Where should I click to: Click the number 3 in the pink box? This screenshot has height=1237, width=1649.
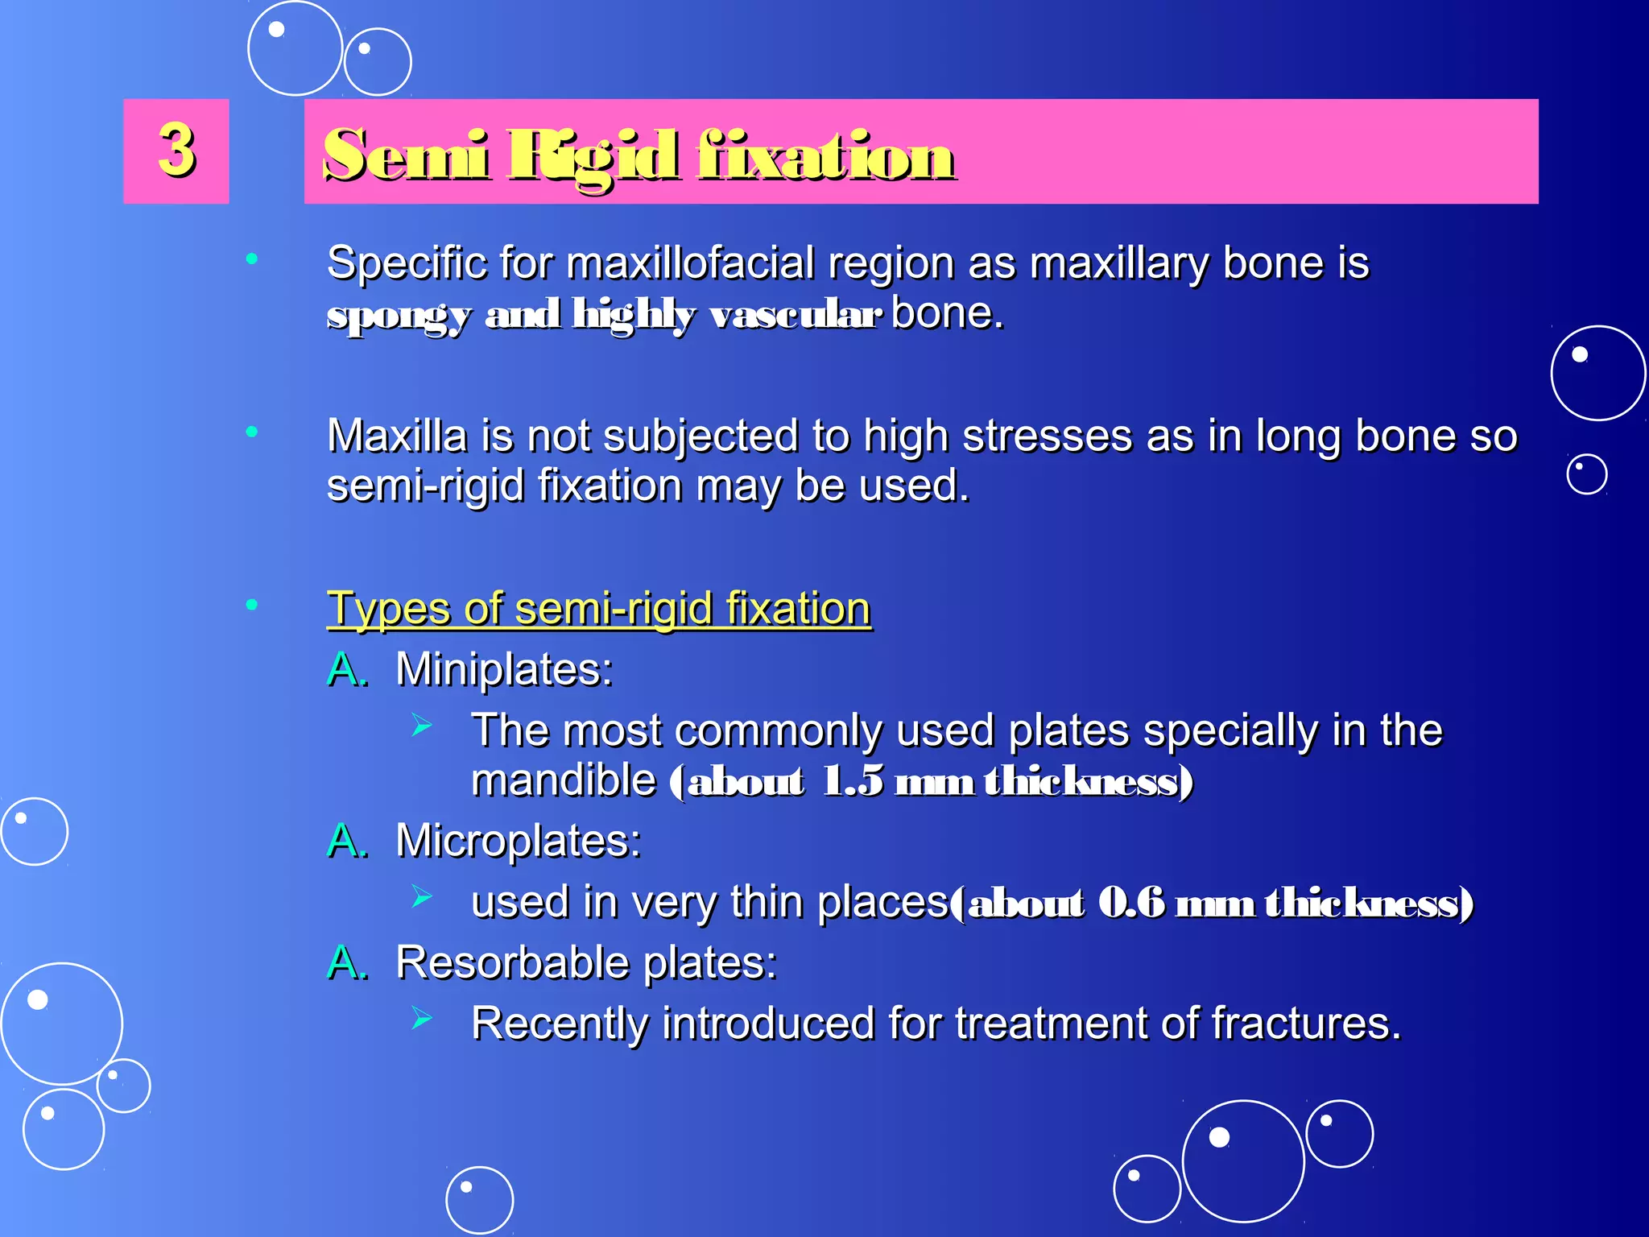(176, 150)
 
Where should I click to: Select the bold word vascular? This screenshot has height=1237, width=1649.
(795, 314)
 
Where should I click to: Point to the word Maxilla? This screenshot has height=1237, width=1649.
(397, 436)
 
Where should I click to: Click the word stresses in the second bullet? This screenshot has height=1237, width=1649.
(1048, 436)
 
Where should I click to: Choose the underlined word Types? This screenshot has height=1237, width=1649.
(387, 609)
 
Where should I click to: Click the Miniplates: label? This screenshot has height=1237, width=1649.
(504, 669)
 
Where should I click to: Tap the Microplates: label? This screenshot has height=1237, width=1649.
(518, 841)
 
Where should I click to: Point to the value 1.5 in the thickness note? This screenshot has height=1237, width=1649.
(852, 781)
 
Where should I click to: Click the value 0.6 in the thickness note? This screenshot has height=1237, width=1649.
(1131, 903)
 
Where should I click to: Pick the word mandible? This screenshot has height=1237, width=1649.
(564, 781)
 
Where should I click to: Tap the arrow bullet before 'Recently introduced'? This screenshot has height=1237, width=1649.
(422, 1018)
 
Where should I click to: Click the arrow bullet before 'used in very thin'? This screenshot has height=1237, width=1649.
(422, 896)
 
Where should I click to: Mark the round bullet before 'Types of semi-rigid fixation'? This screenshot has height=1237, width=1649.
(252, 604)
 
